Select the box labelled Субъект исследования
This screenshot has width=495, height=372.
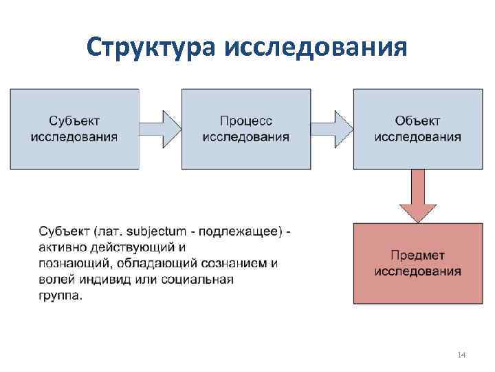[74, 129]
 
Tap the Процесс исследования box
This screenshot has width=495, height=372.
[245, 129]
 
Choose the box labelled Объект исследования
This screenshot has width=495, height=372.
[418, 129]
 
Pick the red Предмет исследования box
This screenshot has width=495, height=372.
[418, 263]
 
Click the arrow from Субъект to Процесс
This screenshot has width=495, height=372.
[160, 126]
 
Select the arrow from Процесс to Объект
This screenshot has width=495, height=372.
[332, 126]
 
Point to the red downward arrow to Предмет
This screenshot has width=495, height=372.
[418, 196]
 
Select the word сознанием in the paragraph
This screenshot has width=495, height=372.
[235, 263]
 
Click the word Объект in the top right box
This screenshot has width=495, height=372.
[418, 121]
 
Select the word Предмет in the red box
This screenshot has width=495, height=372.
[418, 256]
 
